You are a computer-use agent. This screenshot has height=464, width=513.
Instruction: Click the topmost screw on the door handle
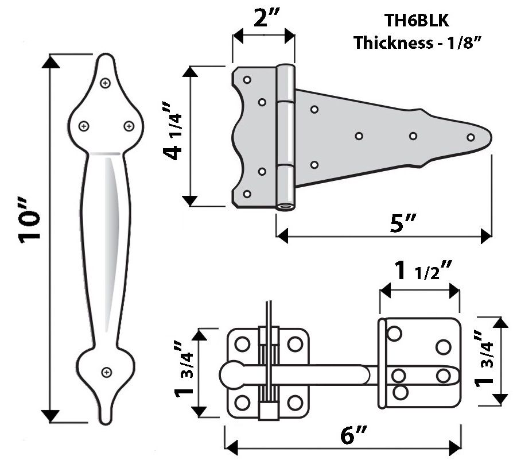click(106, 83)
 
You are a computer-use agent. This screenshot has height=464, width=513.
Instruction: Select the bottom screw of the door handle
click(106, 373)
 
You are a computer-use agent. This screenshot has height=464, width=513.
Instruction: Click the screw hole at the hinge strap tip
click(471, 137)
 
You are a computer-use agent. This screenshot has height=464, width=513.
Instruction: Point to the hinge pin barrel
click(286, 138)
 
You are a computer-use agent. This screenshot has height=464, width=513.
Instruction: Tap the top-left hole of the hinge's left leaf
click(248, 80)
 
